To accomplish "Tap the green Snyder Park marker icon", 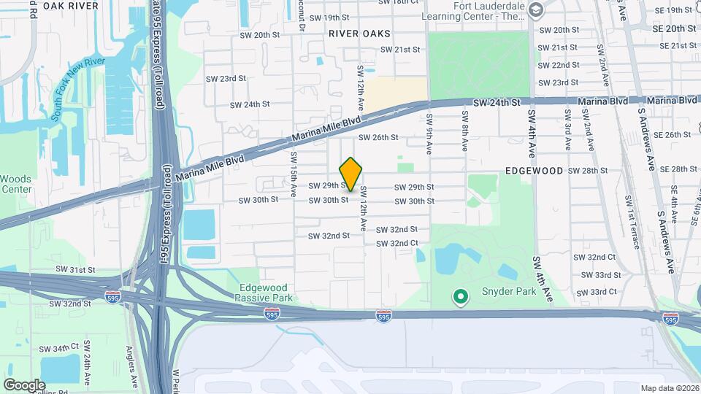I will (x=460, y=296).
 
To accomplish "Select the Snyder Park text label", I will (x=508, y=292).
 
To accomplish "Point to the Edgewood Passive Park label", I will (x=264, y=293).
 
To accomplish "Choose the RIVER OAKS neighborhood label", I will (x=359, y=34).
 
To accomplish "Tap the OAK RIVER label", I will (x=72, y=6).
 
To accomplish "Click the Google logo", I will (x=24, y=385).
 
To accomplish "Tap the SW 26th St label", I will (x=378, y=137).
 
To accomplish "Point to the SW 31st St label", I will (x=76, y=270).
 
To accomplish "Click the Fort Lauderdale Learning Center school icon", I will (x=536, y=9).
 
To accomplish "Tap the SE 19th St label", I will (x=673, y=10).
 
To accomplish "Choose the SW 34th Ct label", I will (x=59, y=347).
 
